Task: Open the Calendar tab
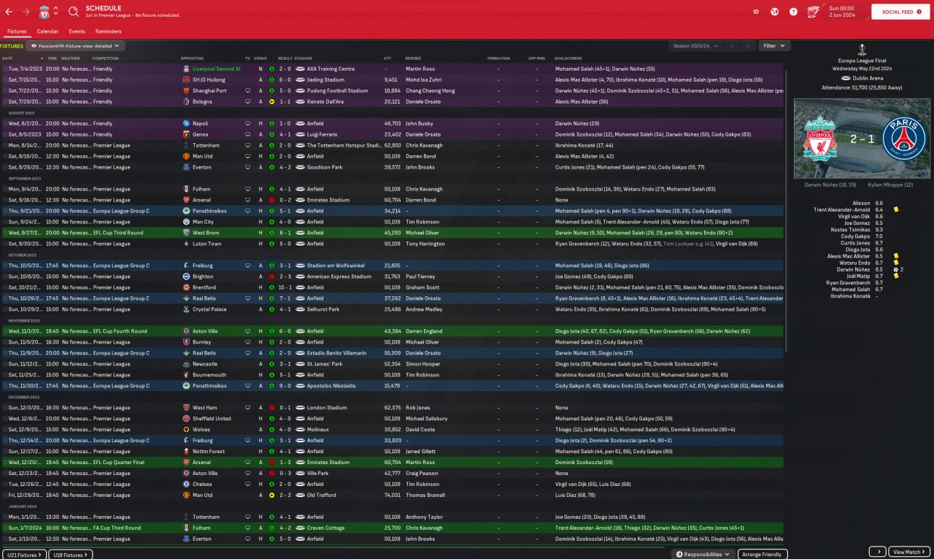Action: coord(47,31)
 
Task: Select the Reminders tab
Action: coord(108,31)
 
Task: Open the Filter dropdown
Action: coord(774,46)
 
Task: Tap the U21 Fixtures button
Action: coord(24,555)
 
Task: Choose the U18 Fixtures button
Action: coord(70,555)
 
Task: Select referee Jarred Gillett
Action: coord(422,451)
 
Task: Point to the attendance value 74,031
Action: coord(393,495)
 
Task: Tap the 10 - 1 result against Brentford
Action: coord(285,288)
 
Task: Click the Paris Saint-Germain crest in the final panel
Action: coord(903,138)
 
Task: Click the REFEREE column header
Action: coord(413,58)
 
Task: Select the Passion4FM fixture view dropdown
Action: coord(76,46)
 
